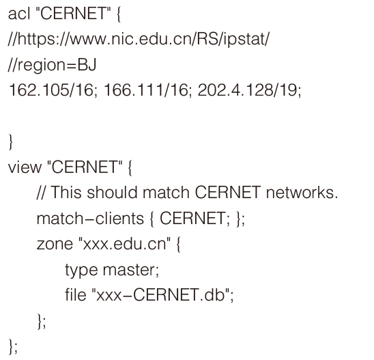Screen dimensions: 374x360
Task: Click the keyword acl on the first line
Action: coord(19,14)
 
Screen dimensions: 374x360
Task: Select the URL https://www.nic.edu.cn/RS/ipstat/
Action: coord(143,39)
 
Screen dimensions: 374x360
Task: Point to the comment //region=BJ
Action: coord(52,65)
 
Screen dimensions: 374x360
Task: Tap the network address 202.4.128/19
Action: coord(247,91)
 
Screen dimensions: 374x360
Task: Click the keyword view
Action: coord(25,167)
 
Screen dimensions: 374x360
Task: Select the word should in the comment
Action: coord(112,193)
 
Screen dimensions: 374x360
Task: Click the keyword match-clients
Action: coord(90,218)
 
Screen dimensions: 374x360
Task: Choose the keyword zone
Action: coord(55,245)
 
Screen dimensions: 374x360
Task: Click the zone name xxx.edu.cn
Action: coord(124,245)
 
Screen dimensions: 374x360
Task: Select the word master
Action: coord(129,270)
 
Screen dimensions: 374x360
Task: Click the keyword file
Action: coord(76,295)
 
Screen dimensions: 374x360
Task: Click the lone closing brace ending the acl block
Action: coord(10,142)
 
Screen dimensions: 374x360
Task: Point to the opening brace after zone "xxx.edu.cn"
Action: coord(178,245)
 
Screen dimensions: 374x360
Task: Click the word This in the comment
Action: coord(66,193)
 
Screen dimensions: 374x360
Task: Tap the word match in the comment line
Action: coord(166,193)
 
